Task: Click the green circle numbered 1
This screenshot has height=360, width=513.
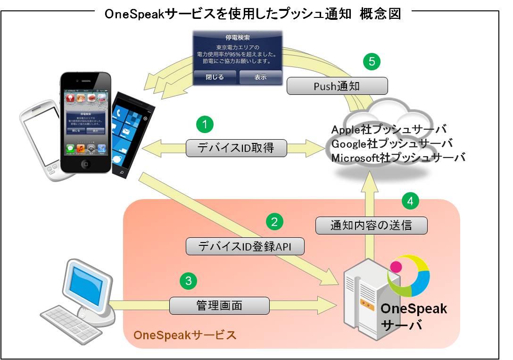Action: coord(204,125)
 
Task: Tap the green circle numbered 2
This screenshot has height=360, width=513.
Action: coord(275,220)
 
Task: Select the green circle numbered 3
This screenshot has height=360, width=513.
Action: coord(188,281)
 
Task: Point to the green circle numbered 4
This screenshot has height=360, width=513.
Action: coord(411,201)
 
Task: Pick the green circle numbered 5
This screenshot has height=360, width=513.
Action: coord(372,61)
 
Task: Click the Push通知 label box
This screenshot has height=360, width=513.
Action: coord(337,86)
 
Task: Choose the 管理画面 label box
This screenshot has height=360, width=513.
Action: coord(219,305)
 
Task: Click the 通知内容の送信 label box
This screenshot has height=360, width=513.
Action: coord(371,225)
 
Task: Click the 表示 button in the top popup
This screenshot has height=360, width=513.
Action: coord(260,77)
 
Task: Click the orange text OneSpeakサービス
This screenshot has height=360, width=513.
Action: coord(185,335)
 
